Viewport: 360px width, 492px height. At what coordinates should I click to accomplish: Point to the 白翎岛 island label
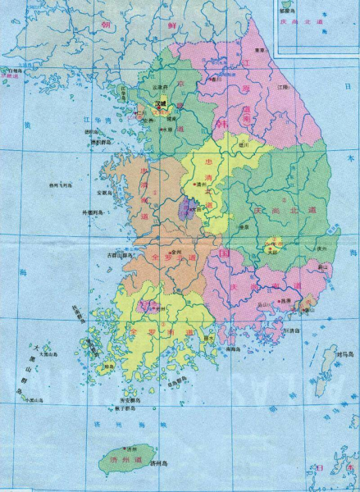tap(16, 71)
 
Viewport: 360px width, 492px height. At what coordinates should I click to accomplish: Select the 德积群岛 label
tap(105, 142)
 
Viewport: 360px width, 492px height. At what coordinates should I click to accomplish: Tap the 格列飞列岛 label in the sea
tap(62, 184)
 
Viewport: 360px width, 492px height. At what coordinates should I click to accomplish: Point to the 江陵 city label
tap(283, 86)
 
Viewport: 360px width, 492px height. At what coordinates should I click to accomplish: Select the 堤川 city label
tap(244, 142)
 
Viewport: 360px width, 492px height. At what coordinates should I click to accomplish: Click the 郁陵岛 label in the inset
tap(287, 12)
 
